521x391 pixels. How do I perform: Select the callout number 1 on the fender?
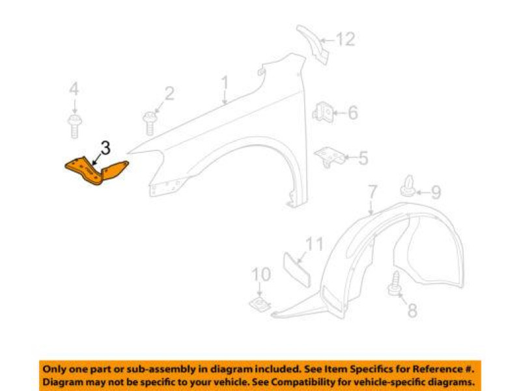pyautogui.click(x=225, y=83)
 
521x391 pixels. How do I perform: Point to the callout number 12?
pyautogui.click(x=346, y=40)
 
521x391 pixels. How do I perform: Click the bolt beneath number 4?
pyautogui.click(x=74, y=125)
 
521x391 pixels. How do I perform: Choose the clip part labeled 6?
pyautogui.click(x=323, y=112)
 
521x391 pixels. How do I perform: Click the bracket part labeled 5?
pyautogui.click(x=329, y=156)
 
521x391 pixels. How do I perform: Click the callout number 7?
pyautogui.click(x=372, y=192)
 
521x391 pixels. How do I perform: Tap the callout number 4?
pyautogui.click(x=74, y=89)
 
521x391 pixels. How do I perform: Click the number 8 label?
pyautogui.click(x=411, y=311)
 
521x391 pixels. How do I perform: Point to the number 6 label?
pyautogui.click(x=352, y=113)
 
